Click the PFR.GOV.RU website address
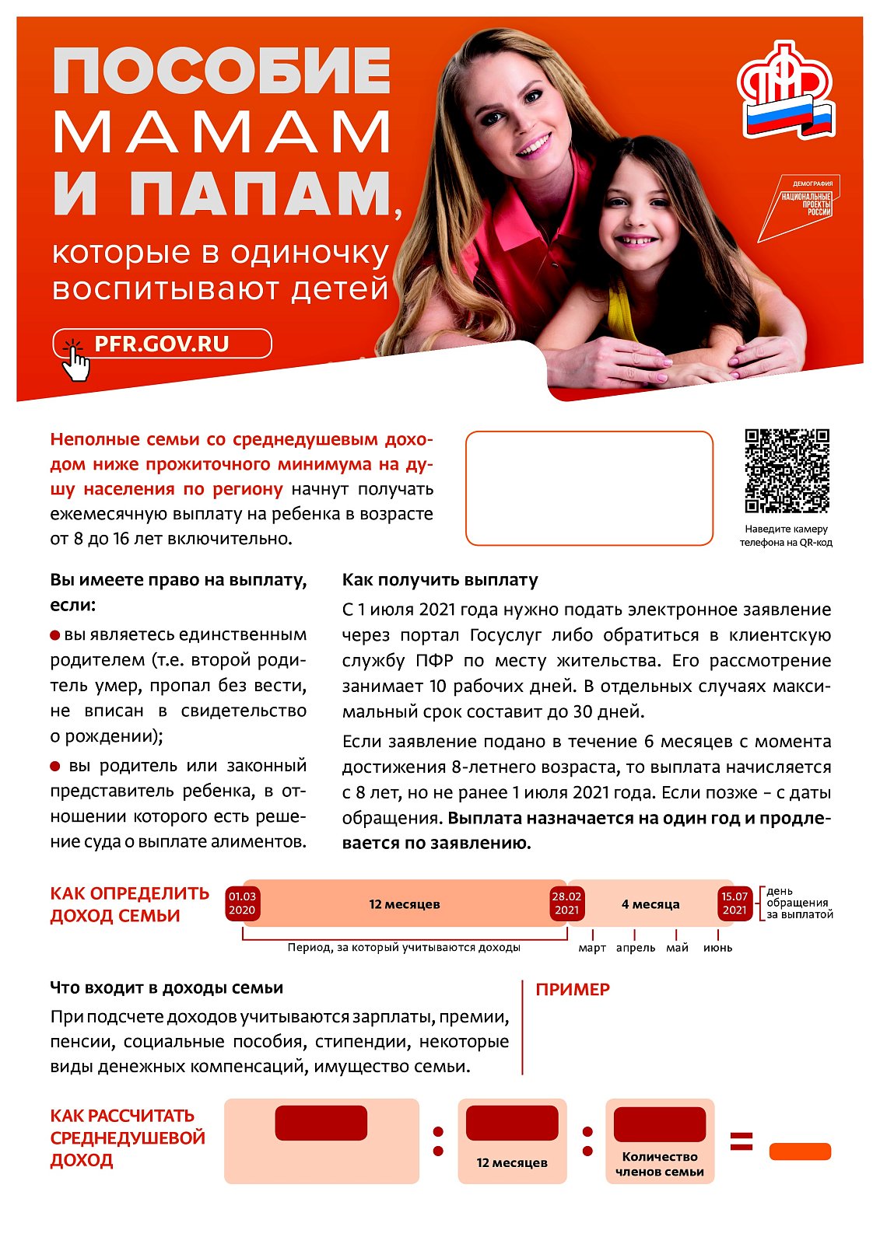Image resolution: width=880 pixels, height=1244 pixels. click(x=162, y=344)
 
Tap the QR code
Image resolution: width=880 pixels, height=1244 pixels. click(x=787, y=471)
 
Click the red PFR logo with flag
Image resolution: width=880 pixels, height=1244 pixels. click(x=784, y=90)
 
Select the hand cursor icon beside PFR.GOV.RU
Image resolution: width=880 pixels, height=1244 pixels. click(x=75, y=361)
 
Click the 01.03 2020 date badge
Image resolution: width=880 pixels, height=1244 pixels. click(x=242, y=903)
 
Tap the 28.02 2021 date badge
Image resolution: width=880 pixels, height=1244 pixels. click(x=566, y=903)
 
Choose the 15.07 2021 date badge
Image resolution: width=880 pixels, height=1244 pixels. click(x=734, y=903)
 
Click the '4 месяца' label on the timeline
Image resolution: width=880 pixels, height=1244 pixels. click(x=650, y=904)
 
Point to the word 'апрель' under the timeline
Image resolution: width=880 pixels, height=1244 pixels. click(x=636, y=948)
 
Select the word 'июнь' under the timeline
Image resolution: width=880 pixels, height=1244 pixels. click(x=717, y=948)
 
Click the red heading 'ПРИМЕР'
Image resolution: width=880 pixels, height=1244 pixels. click(x=573, y=990)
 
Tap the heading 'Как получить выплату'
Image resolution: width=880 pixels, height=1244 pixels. click(x=440, y=580)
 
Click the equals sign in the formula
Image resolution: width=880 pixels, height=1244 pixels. click(x=742, y=1141)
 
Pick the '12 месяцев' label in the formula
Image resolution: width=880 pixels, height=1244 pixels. click(x=512, y=1162)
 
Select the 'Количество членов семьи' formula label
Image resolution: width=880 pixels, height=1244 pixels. click(x=660, y=1164)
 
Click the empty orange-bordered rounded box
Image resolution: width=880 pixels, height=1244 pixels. click(x=589, y=488)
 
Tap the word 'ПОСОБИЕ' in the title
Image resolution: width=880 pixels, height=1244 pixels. click(x=222, y=71)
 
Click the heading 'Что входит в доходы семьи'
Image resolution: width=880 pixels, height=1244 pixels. click(x=167, y=988)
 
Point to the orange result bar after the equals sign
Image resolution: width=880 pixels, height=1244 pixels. click(x=800, y=1151)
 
